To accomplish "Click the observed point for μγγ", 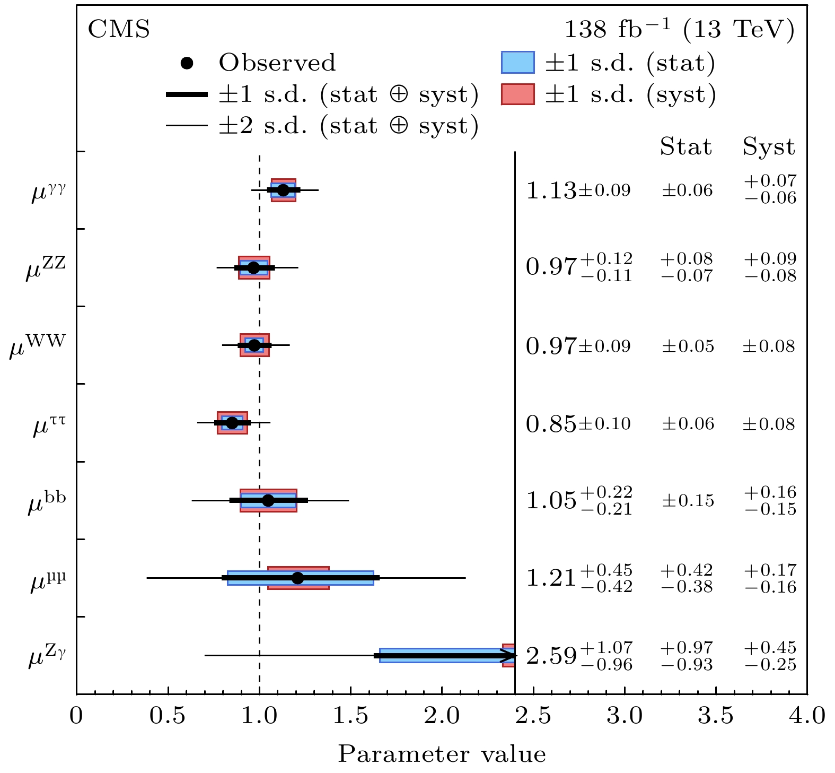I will pyautogui.click(x=283, y=190).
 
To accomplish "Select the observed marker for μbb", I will pyautogui.click(x=268, y=500).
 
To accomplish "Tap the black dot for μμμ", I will pyautogui.click(x=298, y=578).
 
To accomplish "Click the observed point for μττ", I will pyautogui.click(x=232, y=423).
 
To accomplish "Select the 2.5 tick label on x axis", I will pyautogui.click(x=533, y=717).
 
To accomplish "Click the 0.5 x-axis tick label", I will pyautogui.click(x=168, y=717).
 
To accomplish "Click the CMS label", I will pyautogui.click(x=119, y=30).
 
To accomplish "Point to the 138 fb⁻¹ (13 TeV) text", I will pyautogui.click(x=679, y=30).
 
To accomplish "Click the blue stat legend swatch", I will pyautogui.click(x=517, y=63).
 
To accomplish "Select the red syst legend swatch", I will pyautogui.click(x=517, y=94).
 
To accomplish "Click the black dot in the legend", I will pyautogui.click(x=187, y=63).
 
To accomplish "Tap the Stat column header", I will pyautogui.click(x=685, y=147).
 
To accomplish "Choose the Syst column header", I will pyautogui.click(x=769, y=147).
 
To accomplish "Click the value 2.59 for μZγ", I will pyautogui.click(x=551, y=657).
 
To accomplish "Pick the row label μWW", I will pyautogui.click(x=38, y=346).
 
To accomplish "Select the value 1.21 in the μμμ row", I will pyautogui.click(x=551, y=578).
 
